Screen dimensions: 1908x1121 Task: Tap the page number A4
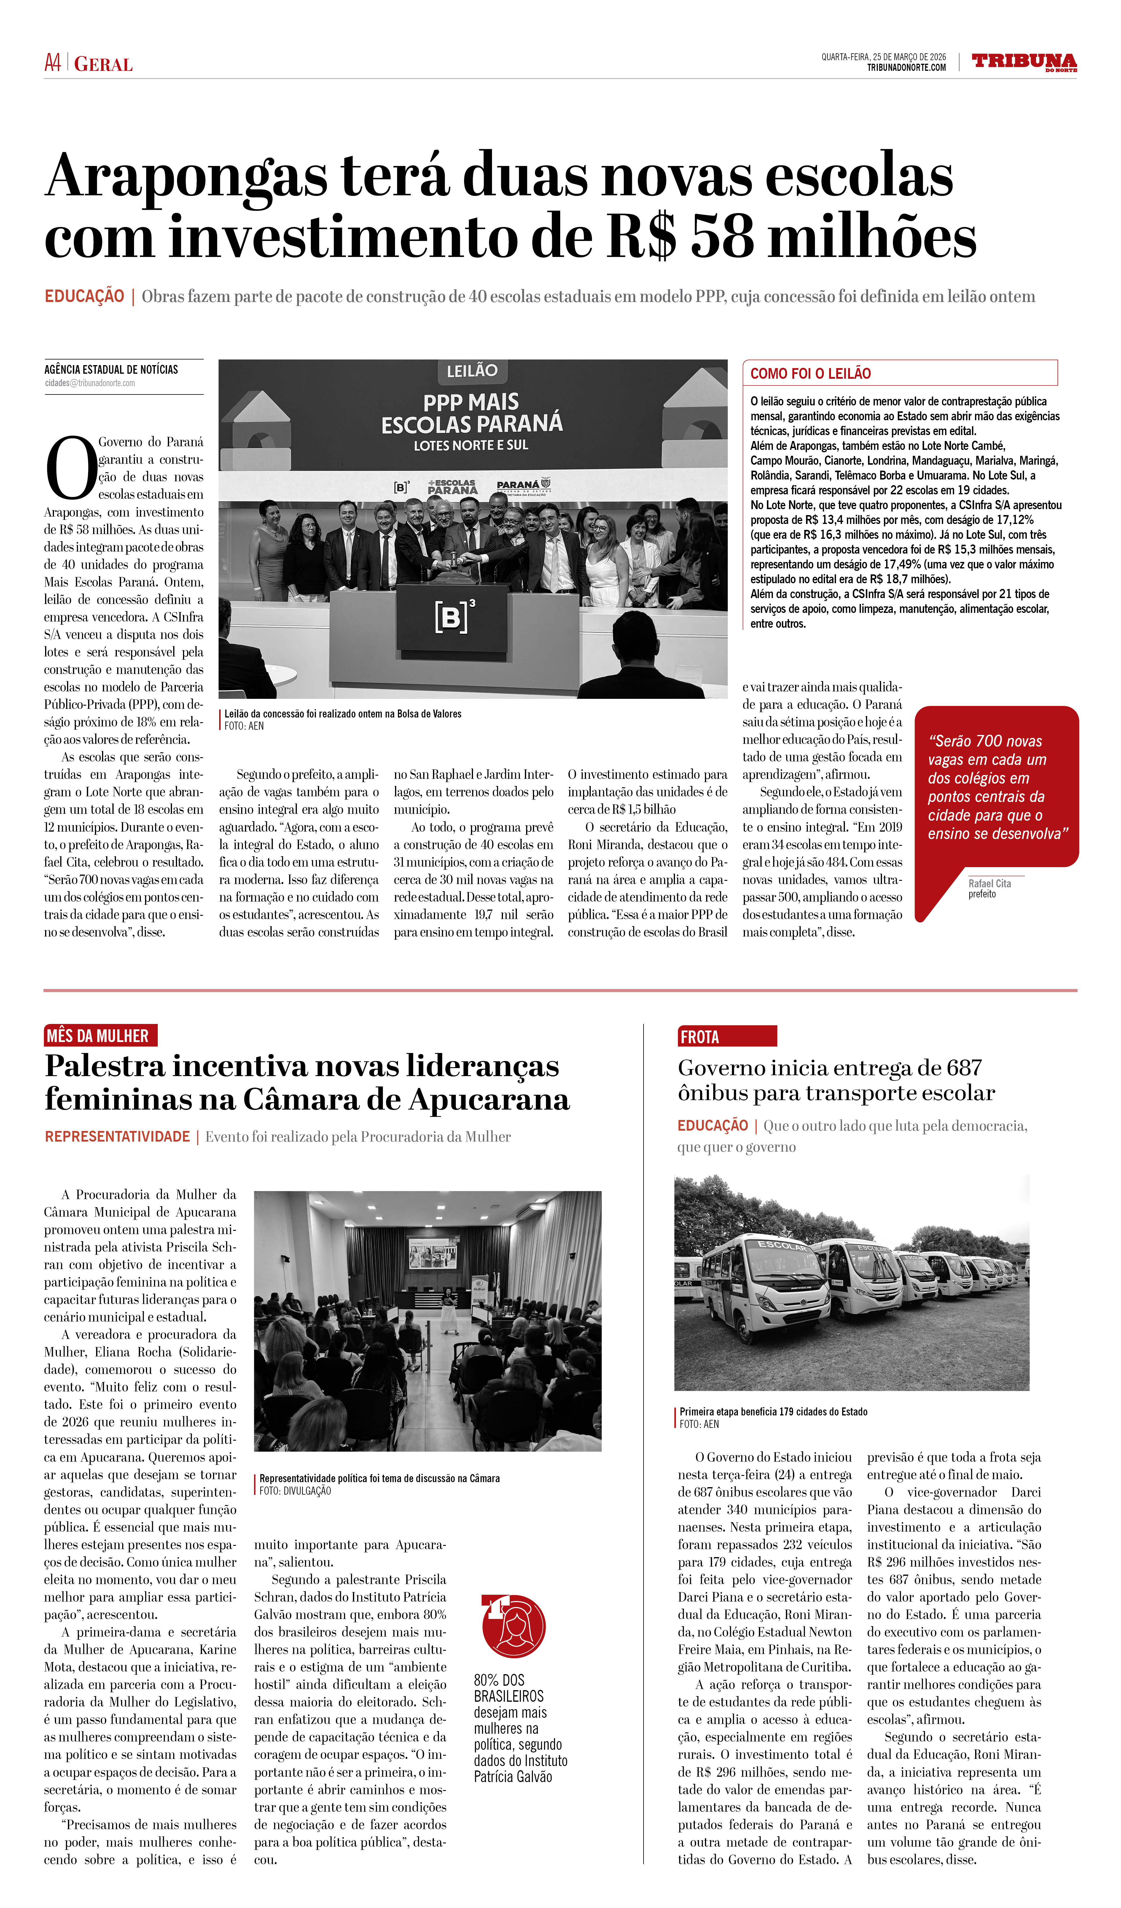pyautogui.click(x=52, y=63)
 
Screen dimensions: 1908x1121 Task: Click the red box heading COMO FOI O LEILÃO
pyautogui.click(x=811, y=373)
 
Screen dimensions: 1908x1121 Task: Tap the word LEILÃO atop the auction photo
pyautogui.click(x=472, y=371)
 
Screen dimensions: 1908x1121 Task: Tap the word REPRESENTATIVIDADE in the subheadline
pyautogui.click(x=117, y=1137)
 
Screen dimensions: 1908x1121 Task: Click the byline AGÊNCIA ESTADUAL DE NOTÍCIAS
pyautogui.click(x=111, y=370)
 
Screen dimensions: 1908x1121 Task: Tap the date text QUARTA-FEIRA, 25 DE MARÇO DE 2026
pyautogui.click(x=883, y=57)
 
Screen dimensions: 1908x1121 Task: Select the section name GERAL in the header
pyautogui.click(x=104, y=64)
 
